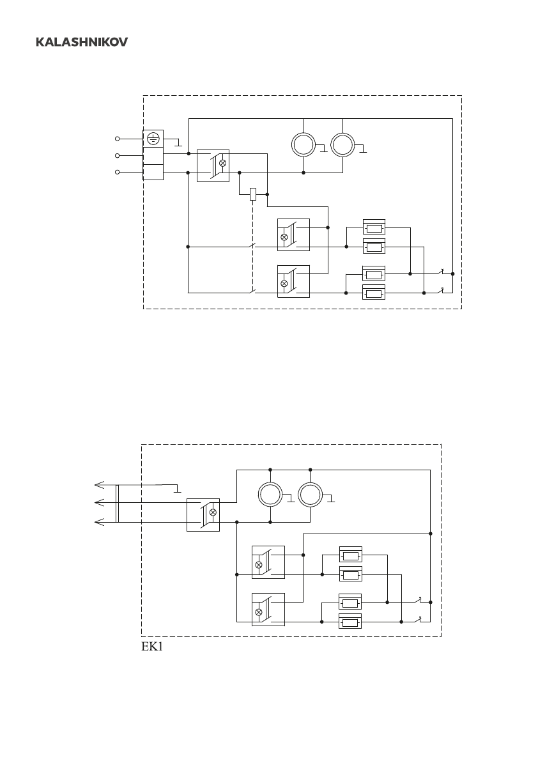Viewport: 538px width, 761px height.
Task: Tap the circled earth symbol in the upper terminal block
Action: [x=153, y=137]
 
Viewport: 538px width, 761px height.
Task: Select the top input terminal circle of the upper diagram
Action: [x=117, y=138]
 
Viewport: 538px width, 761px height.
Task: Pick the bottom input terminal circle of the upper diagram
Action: [x=117, y=172]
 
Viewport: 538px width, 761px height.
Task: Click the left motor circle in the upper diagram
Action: [x=304, y=145]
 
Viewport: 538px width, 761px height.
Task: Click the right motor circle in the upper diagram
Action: [x=343, y=145]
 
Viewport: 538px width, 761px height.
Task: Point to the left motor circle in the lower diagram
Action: [x=270, y=495]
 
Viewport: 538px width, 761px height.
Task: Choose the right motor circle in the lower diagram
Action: [x=310, y=495]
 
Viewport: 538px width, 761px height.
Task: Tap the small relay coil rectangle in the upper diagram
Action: [x=253, y=194]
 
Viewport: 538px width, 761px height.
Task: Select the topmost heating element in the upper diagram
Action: [x=374, y=227]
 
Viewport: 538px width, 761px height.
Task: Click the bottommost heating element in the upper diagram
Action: [x=374, y=293]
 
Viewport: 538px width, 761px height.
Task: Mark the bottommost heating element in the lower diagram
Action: [x=350, y=622]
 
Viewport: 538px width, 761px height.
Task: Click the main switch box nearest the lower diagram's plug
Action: [x=203, y=515]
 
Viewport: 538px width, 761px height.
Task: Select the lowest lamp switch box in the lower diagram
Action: [x=268, y=610]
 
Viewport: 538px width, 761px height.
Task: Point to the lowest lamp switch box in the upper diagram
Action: [x=293, y=281]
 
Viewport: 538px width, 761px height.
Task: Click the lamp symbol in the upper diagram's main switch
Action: [x=222, y=164]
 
